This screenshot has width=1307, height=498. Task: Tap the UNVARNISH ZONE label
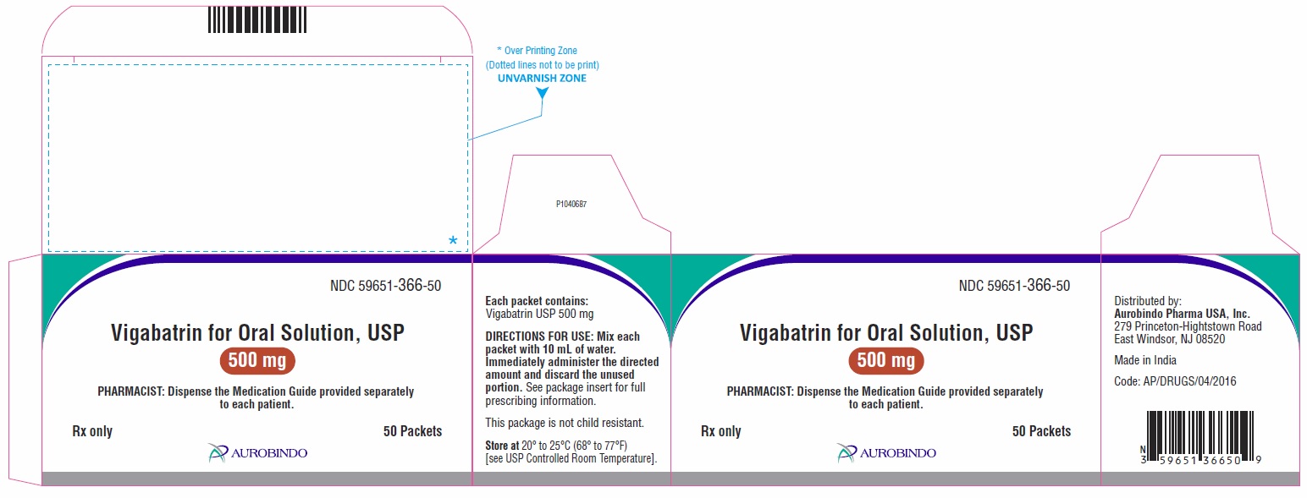(542, 78)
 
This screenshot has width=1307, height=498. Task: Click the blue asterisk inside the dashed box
(453, 242)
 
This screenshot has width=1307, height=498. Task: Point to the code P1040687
(571, 204)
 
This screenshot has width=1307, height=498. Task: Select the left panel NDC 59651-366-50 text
(385, 286)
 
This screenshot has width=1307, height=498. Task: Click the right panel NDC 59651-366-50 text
(1014, 286)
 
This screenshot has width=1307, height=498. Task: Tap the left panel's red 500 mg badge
(258, 361)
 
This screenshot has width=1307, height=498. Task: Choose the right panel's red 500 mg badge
(886, 361)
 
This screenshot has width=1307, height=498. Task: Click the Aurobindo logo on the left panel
(258, 453)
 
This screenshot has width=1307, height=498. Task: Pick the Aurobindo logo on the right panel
(886, 453)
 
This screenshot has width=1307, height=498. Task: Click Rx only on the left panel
(92, 431)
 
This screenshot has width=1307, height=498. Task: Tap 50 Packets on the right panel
(1041, 431)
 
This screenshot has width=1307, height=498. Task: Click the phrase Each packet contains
(536, 300)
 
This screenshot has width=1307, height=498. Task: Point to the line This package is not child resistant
(565, 422)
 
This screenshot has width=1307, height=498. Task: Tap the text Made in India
(1145, 360)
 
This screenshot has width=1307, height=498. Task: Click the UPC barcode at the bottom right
(1199, 439)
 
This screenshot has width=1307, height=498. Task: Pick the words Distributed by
(1147, 301)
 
